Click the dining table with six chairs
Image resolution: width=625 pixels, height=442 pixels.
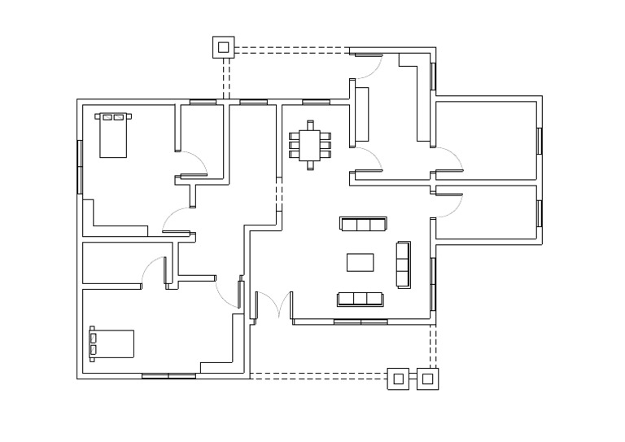pos(310,146)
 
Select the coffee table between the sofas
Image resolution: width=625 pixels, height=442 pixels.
pos(361,262)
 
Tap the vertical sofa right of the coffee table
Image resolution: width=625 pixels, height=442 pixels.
pos(403,265)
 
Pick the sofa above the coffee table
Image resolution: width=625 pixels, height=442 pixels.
pos(363,225)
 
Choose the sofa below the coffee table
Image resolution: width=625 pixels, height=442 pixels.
pos(361,299)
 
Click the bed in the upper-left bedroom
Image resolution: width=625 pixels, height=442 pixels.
pos(113,135)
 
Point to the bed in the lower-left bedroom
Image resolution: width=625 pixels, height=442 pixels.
pos(111,344)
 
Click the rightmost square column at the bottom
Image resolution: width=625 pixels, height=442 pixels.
pos(427,379)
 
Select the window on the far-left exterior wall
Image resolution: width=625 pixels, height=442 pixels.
pos(80,167)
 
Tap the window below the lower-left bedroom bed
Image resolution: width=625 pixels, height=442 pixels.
pos(168,376)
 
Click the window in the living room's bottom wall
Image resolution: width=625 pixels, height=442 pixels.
pos(361,322)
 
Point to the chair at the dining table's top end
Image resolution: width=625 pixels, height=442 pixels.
pos(310,125)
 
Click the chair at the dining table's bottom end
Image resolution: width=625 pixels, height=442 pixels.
pos(310,166)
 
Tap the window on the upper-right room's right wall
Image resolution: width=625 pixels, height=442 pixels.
pos(539,141)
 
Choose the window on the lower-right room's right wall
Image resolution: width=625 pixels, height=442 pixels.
pos(539,212)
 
